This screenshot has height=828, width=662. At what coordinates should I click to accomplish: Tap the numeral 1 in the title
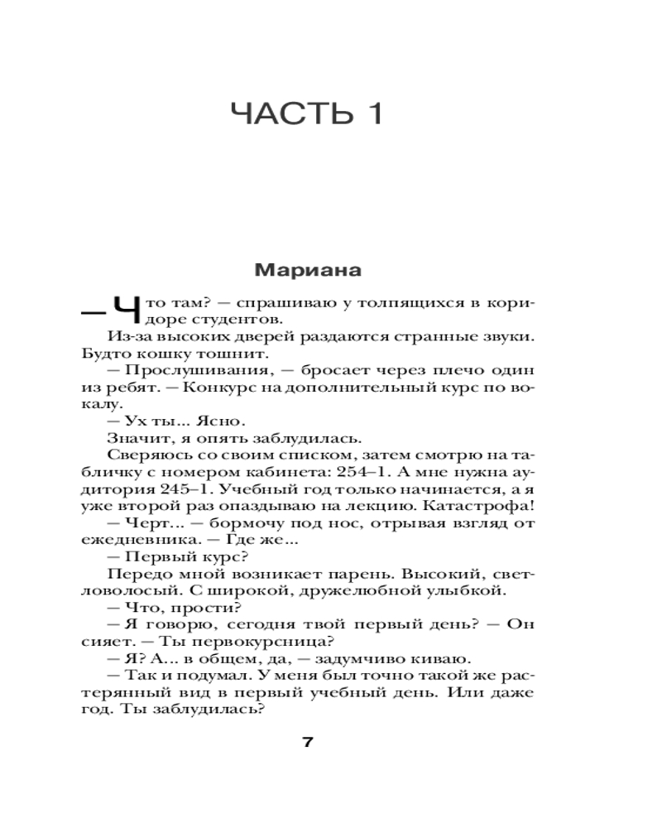[368, 114]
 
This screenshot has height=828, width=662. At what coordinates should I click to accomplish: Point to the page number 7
[308, 741]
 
